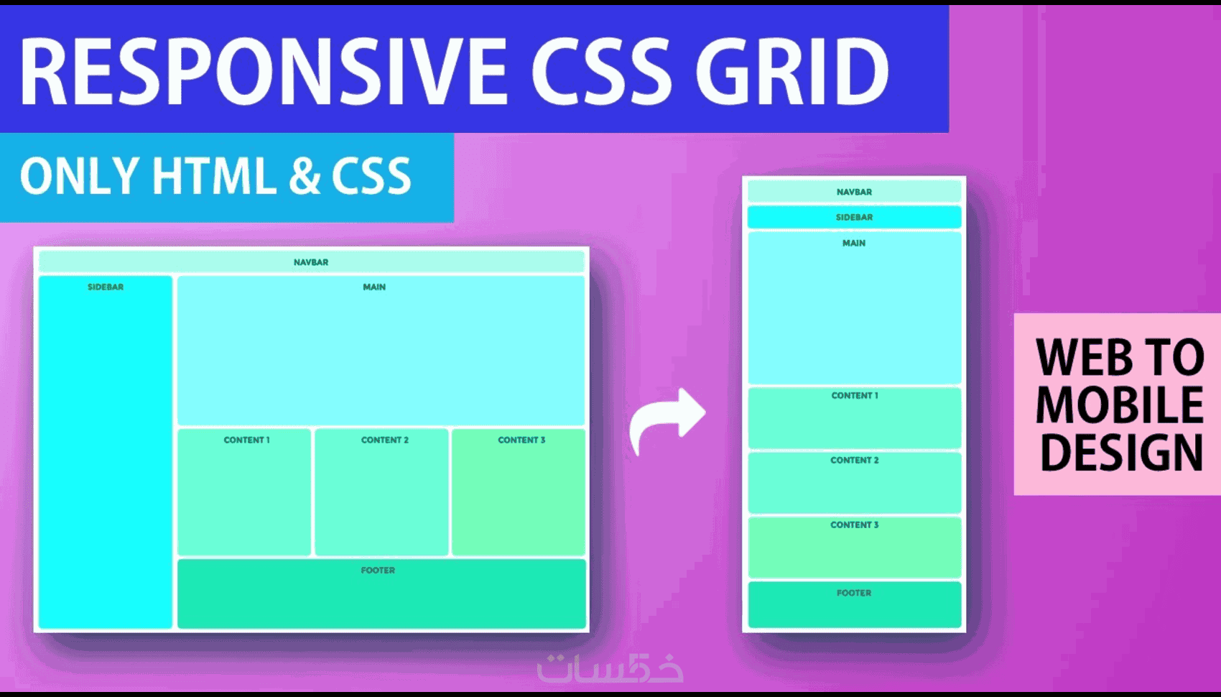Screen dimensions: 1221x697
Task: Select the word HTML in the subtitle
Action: [214, 175]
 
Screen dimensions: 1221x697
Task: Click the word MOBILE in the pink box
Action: [1120, 404]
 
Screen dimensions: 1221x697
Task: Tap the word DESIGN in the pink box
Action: [1121, 452]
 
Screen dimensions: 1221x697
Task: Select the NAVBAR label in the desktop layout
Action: [311, 262]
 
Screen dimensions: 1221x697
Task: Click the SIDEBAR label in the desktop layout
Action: [106, 287]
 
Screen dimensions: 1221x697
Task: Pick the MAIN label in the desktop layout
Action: [374, 287]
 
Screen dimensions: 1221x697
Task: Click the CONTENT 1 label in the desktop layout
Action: [246, 440]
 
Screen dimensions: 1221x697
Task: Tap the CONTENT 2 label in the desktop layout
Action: [384, 440]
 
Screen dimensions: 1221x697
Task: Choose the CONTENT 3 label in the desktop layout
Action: [521, 440]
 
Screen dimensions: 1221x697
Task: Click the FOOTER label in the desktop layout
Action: [378, 571]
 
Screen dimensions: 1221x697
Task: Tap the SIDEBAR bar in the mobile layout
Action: [854, 217]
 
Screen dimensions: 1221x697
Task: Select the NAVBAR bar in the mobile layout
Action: [854, 192]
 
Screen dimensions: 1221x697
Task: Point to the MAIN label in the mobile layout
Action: [853, 244]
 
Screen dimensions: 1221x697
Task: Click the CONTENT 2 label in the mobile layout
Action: [854, 461]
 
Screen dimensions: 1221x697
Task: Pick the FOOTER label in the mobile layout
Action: [853, 593]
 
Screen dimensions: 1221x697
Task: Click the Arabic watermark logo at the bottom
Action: [610, 668]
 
